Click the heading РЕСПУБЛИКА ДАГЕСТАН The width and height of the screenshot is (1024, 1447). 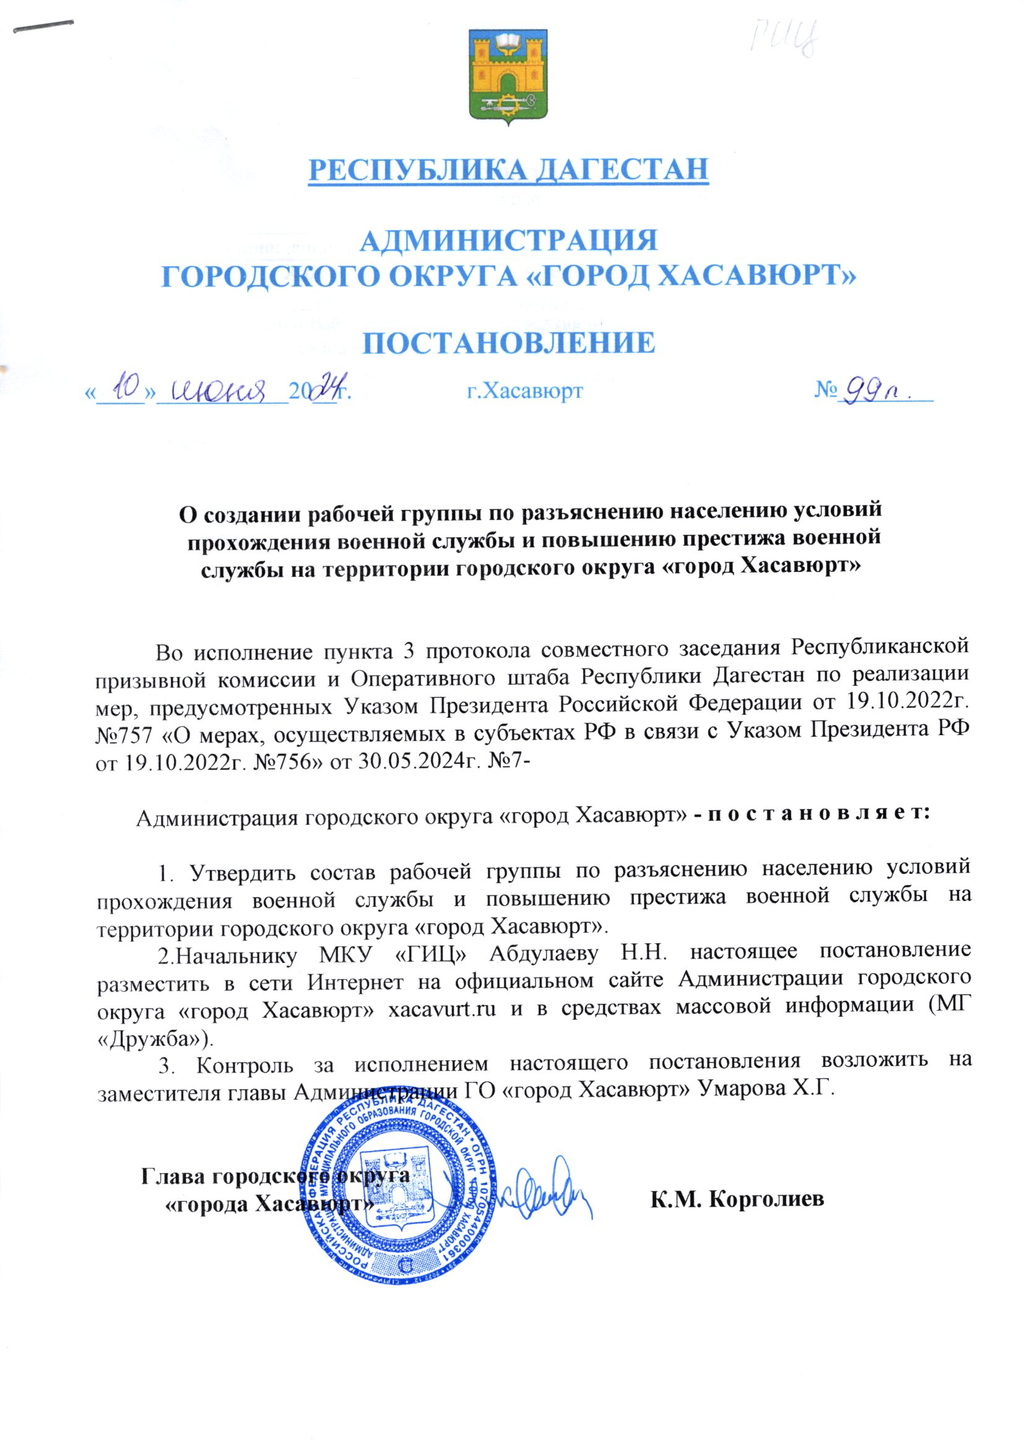click(x=508, y=169)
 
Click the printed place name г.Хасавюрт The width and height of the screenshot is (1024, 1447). click(x=524, y=391)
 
